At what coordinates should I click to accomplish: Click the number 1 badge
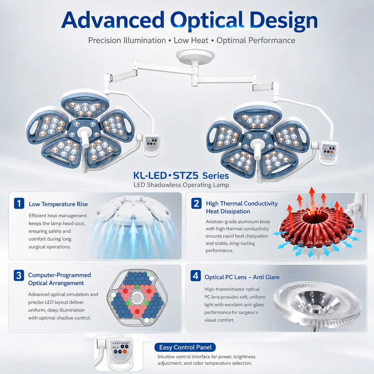click(19, 203)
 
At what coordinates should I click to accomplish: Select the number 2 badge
click(196, 203)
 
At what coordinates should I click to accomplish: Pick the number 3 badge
click(19, 275)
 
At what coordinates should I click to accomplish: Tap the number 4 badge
click(195, 276)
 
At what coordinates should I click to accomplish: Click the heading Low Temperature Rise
click(58, 204)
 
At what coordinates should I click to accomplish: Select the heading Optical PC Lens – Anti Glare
click(242, 277)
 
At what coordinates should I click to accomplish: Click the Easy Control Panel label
click(185, 347)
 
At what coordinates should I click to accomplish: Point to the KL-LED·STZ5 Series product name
click(181, 176)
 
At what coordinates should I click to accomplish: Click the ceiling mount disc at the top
click(195, 54)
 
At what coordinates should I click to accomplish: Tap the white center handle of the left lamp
click(85, 136)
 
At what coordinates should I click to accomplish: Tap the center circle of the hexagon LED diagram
click(137, 297)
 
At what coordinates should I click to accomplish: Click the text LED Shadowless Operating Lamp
click(181, 185)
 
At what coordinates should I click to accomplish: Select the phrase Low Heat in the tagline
click(191, 40)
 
